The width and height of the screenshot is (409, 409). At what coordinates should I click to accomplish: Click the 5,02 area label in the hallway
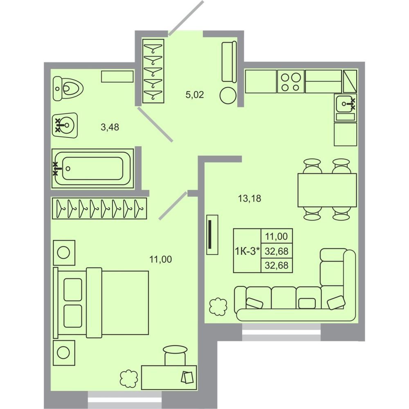point(195,95)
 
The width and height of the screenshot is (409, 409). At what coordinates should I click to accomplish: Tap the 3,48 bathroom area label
point(110,127)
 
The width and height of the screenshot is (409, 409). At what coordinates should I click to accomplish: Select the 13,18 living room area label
point(249,198)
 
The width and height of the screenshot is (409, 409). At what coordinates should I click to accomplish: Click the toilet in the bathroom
point(68,89)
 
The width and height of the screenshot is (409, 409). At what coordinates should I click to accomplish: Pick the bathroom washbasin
point(65,126)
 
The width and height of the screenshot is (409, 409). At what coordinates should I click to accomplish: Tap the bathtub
point(92,169)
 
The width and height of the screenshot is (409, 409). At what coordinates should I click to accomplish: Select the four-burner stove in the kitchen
point(291,81)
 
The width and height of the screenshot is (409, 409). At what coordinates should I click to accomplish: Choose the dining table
point(327,191)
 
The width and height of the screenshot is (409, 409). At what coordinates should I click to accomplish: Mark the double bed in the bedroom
point(101,303)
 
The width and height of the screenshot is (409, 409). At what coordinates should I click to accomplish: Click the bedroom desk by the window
point(169,377)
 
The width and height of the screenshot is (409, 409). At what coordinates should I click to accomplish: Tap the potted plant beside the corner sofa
point(218,307)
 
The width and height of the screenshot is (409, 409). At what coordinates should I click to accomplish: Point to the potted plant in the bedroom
point(129,379)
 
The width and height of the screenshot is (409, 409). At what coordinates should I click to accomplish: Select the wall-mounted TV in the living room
point(212,235)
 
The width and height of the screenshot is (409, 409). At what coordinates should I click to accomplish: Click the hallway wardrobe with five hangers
point(153,71)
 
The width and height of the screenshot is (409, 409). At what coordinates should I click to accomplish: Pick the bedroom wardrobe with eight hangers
point(99,209)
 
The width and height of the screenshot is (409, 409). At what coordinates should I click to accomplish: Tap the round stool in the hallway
point(228,95)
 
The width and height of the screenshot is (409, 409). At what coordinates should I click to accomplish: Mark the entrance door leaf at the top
point(186,18)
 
